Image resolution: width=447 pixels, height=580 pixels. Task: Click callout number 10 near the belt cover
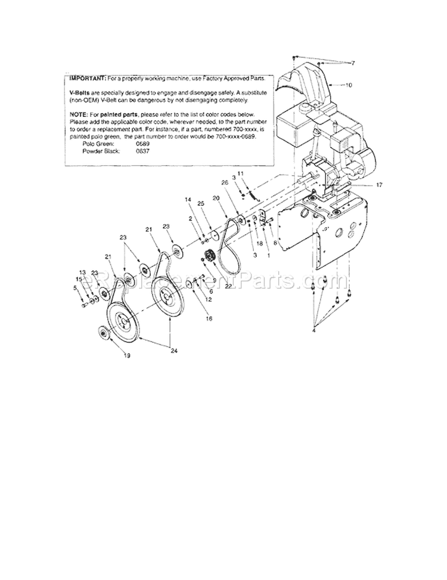point(348,85)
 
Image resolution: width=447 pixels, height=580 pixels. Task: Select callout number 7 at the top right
point(352,63)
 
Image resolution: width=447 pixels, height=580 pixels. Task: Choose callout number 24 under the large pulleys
point(174,351)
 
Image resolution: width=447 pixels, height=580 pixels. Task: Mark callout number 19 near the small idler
point(127,356)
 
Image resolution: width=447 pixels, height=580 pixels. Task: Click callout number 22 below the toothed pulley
point(228,286)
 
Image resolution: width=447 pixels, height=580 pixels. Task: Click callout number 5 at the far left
point(75,289)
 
